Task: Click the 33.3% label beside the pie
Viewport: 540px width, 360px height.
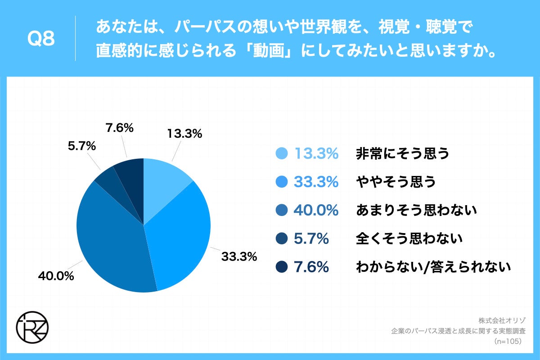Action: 238,257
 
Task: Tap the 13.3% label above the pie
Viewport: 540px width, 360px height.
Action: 184,133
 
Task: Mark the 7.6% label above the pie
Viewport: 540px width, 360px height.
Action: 119,128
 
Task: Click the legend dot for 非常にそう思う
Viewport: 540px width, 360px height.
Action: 281,154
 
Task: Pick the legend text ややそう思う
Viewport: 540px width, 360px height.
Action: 396,182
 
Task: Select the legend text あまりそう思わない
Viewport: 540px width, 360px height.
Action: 416,210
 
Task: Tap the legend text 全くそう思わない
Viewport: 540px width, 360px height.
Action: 409,238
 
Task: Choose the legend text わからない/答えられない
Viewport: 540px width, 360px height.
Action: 433,267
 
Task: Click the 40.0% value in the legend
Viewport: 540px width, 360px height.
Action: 316,210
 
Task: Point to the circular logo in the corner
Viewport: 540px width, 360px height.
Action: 32,325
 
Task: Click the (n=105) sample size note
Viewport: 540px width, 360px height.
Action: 507,342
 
